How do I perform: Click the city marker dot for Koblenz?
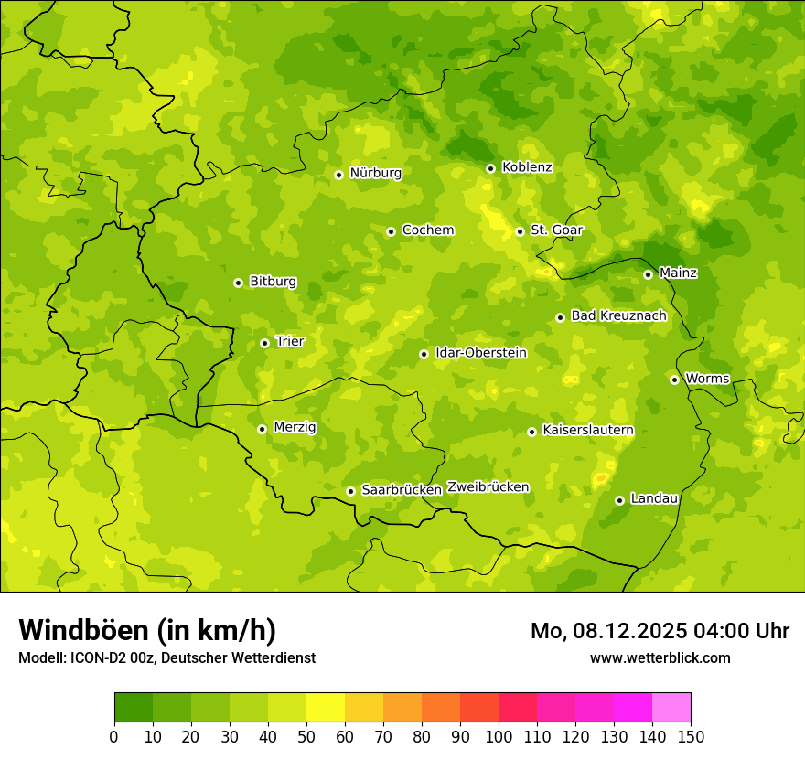coord(490,168)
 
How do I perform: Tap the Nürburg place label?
coord(375,173)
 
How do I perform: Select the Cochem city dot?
coord(391,231)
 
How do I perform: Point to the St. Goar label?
coord(556,230)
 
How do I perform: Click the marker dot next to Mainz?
coord(648,274)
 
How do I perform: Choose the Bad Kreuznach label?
coord(618,315)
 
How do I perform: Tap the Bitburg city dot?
coord(238,283)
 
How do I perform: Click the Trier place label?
coord(289,341)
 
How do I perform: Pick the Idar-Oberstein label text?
coord(480,353)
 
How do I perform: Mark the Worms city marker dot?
coord(674,379)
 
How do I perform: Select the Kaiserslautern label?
coord(587,430)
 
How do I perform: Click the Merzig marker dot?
coord(262,429)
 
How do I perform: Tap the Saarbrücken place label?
coord(402,490)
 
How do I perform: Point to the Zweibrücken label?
coord(488,487)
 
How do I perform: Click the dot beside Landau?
coord(619,500)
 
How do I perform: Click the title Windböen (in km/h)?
coord(147,630)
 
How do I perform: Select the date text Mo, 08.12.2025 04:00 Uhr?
coord(660,631)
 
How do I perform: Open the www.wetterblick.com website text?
coord(660,657)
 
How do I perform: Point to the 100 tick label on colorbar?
coord(499,736)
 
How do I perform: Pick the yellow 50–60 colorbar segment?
coord(326,708)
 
